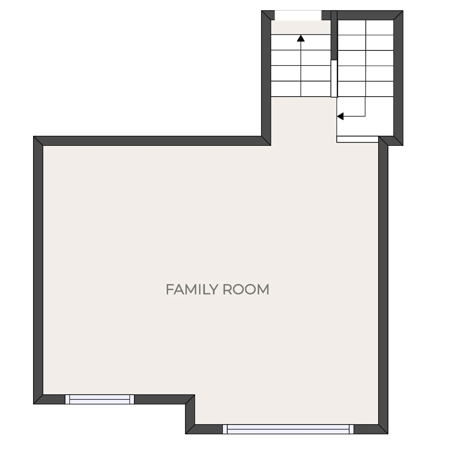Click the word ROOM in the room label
[x=246, y=290]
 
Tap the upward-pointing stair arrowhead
[x=301, y=38]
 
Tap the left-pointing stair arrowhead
[x=340, y=116]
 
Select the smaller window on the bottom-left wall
[x=100, y=399]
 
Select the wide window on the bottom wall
[x=288, y=429]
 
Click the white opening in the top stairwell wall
[x=298, y=15]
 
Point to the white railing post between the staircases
[x=334, y=79]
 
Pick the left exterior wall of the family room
[x=38, y=269]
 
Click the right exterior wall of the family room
[x=383, y=283]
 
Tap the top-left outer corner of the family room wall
[x=34, y=137]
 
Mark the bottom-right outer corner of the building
[x=387, y=433]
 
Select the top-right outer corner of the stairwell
[x=402, y=11]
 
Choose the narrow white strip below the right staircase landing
[x=357, y=139]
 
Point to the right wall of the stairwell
[x=398, y=77]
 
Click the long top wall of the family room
[x=152, y=141]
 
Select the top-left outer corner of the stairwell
[x=262, y=11]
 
